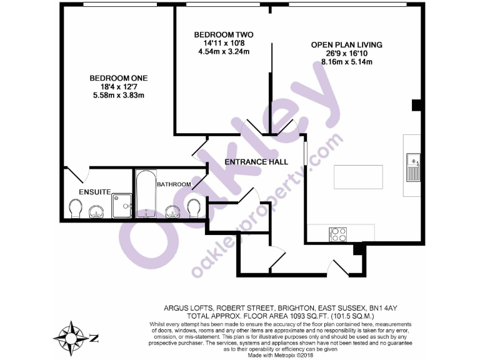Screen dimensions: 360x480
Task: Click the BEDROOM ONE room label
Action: (118, 78)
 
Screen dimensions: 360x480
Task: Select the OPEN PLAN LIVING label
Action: (346, 45)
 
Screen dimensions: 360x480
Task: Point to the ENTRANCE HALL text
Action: (256, 161)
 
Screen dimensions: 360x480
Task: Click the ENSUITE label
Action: (94, 191)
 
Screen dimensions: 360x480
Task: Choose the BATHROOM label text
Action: (173, 184)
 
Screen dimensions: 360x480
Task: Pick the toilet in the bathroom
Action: (194, 207)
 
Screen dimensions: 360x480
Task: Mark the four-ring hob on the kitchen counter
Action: (338, 234)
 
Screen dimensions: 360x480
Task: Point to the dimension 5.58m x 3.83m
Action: (118, 96)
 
